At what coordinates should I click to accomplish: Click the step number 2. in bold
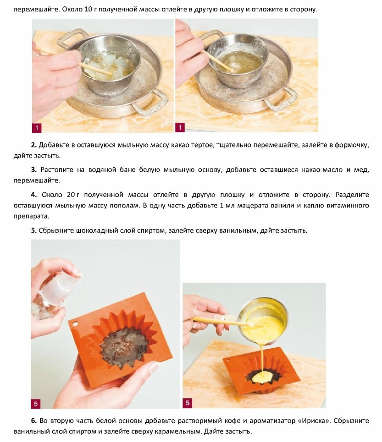tap(34, 145)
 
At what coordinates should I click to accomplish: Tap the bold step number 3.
tap(34, 169)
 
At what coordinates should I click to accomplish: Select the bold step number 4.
tap(34, 195)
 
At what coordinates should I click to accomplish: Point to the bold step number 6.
tap(34, 421)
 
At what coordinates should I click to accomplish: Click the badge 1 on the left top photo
tap(37, 128)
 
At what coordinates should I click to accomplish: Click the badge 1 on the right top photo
tap(180, 127)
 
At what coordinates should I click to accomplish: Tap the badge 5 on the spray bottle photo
tap(36, 404)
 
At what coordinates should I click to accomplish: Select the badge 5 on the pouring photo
tap(188, 403)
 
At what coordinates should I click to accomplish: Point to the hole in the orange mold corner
tap(75, 324)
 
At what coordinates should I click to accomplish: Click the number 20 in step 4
tap(71, 195)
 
